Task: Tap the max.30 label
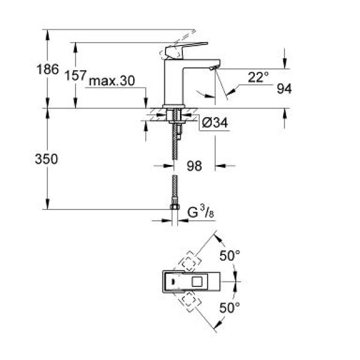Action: pos(112,81)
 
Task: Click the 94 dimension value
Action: pos(284,88)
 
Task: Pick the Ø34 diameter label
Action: pos(214,123)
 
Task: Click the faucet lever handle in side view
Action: pos(186,49)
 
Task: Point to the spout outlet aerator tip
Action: pos(211,70)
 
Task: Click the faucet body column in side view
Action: pos(176,84)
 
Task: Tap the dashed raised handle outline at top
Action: pos(180,35)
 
